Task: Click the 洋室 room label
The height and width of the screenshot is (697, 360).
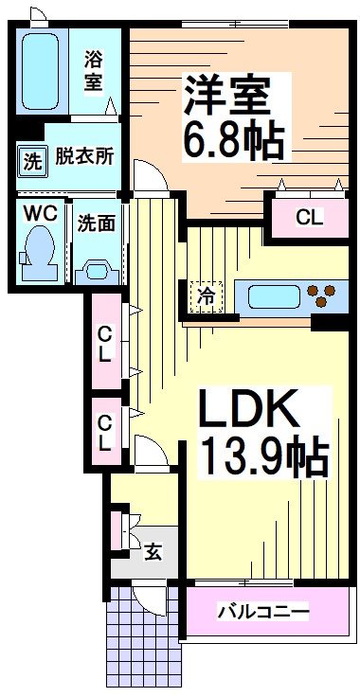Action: [228, 96]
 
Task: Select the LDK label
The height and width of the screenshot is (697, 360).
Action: [250, 413]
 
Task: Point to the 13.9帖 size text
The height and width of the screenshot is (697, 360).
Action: [262, 458]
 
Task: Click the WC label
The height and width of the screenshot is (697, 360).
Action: [40, 212]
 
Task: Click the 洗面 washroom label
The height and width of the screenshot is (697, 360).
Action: [97, 224]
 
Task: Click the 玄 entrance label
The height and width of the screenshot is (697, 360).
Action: [153, 550]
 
